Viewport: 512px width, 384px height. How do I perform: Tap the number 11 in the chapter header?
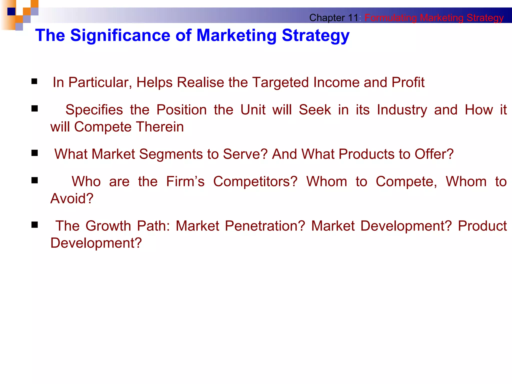tap(353, 18)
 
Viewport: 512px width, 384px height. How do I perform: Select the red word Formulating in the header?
tap(390, 18)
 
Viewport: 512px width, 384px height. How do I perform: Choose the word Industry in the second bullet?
tap(402, 110)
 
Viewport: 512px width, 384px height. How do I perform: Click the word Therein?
tap(160, 127)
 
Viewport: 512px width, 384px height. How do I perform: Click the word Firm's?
tap(185, 181)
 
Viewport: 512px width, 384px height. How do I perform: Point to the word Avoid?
tap(72, 198)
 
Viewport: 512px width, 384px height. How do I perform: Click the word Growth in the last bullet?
tap(108, 226)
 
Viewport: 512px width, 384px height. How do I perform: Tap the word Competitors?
tap(255, 181)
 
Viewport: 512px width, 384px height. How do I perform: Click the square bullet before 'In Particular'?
tap(34, 81)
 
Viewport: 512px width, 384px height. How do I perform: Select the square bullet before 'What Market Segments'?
tap(34, 153)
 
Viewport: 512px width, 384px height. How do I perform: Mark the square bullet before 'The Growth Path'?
tap(34, 225)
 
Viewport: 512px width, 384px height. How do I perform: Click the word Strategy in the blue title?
tap(315, 36)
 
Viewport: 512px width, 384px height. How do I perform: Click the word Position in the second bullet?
tap(181, 110)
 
